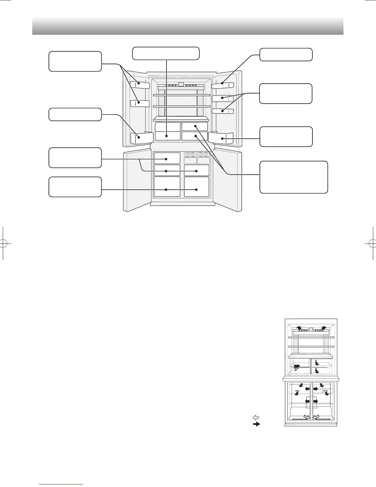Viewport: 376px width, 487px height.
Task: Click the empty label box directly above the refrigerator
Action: tap(166, 53)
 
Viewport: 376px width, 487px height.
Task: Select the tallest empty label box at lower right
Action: tap(294, 177)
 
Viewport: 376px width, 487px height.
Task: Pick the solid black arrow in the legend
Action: tap(256, 424)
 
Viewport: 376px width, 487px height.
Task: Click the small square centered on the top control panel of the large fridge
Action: tap(181, 85)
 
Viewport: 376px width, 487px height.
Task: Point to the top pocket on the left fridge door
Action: tap(140, 85)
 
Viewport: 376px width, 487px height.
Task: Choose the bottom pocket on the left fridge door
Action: tap(141, 138)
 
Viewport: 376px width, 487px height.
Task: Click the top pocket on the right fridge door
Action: tap(223, 85)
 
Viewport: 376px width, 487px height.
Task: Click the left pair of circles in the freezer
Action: tap(190, 155)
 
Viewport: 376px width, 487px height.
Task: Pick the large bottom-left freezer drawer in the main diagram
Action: tap(167, 187)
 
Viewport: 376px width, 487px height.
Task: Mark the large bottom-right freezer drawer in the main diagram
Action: tap(197, 187)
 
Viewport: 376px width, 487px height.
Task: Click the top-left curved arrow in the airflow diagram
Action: tap(299, 328)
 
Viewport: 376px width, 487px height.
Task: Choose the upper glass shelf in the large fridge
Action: tap(182, 95)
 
